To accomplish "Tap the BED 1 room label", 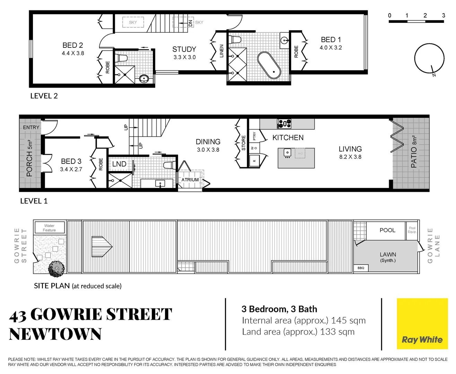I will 331,40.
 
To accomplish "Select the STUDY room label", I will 184,50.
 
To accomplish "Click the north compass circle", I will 429,59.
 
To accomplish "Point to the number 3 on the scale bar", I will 443,16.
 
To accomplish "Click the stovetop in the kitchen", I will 284,123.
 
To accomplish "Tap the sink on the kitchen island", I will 287,153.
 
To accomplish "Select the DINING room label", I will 208,142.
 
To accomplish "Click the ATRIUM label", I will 190,180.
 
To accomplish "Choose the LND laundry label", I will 119,164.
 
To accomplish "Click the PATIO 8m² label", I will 414,151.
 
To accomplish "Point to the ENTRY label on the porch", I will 31,127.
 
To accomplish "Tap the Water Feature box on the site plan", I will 50,228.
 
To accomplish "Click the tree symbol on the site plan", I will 56,269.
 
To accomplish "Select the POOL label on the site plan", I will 387,230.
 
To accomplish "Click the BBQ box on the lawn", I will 361,268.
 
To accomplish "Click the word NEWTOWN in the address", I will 55,334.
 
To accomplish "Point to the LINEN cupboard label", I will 221,51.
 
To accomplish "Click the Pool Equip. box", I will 412,230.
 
